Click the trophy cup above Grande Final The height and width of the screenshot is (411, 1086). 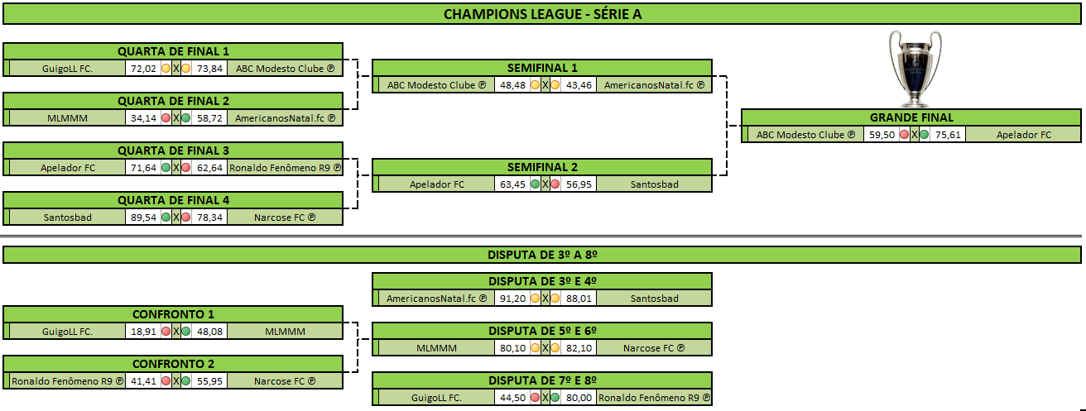(x=915, y=69)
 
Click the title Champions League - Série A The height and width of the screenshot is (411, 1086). (x=542, y=14)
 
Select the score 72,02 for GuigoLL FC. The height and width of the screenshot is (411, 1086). (x=143, y=69)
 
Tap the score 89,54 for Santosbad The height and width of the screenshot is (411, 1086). (x=143, y=217)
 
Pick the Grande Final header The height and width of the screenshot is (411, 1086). (x=911, y=117)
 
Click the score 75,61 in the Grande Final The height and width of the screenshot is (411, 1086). (x=948, y=135)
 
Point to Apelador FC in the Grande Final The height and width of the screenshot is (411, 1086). (x=1024, y=135)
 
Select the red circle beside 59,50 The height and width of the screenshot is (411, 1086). (x=904, y=135)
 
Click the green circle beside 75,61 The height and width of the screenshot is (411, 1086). (x=924, y=135)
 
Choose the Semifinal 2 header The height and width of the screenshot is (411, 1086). (x=542, y=168)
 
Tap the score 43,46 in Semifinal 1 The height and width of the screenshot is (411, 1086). (x=579, y=85)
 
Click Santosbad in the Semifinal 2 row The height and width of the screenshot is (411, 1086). (x=655, y=184)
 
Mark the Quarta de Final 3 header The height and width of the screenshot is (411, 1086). (x=173, y=151)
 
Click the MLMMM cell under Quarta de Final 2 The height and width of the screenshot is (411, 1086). (x=67, y=118)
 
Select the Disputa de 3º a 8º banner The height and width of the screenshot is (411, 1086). (x=542, y=255)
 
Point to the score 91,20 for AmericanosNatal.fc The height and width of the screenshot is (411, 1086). (x=512, y=299)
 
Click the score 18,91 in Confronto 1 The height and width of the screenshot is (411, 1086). (x=143, y=332)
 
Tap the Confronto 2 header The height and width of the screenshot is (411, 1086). (x=173, y=364)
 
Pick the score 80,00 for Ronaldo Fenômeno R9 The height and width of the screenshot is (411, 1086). (x=579, y=398)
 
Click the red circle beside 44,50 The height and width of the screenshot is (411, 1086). (x=536, y=398)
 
